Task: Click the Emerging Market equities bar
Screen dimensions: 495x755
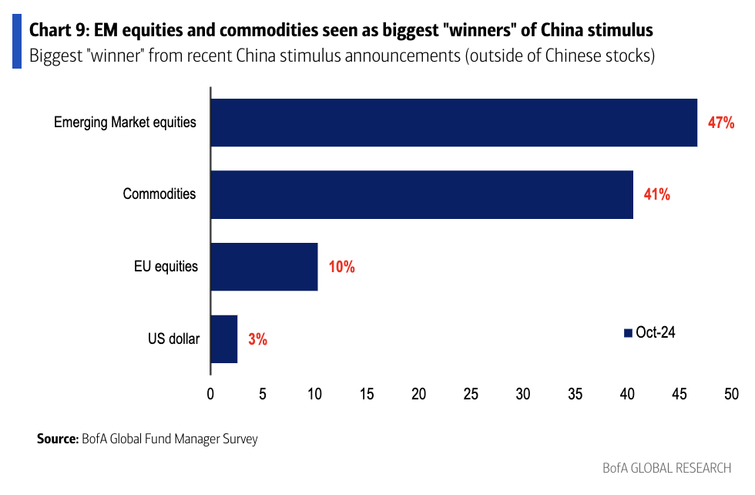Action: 453,123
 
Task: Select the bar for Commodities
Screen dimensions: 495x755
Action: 421,194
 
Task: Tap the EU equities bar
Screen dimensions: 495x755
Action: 263,267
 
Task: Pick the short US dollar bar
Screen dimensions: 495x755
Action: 223,338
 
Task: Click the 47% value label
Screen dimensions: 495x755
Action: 721,123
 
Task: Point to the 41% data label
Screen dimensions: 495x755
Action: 657,194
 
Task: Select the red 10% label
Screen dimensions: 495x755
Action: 341,267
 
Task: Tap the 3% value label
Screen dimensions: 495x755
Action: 257,338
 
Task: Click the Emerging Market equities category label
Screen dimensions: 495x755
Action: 125,122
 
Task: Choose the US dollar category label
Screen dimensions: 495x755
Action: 173,338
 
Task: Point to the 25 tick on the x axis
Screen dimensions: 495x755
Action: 471,393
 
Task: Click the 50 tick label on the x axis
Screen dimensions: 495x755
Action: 730,393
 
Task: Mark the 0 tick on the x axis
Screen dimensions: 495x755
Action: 210,393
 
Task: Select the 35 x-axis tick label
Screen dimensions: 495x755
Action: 575,393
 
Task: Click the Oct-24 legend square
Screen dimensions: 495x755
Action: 628,332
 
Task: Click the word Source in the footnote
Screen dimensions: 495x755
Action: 56,439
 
